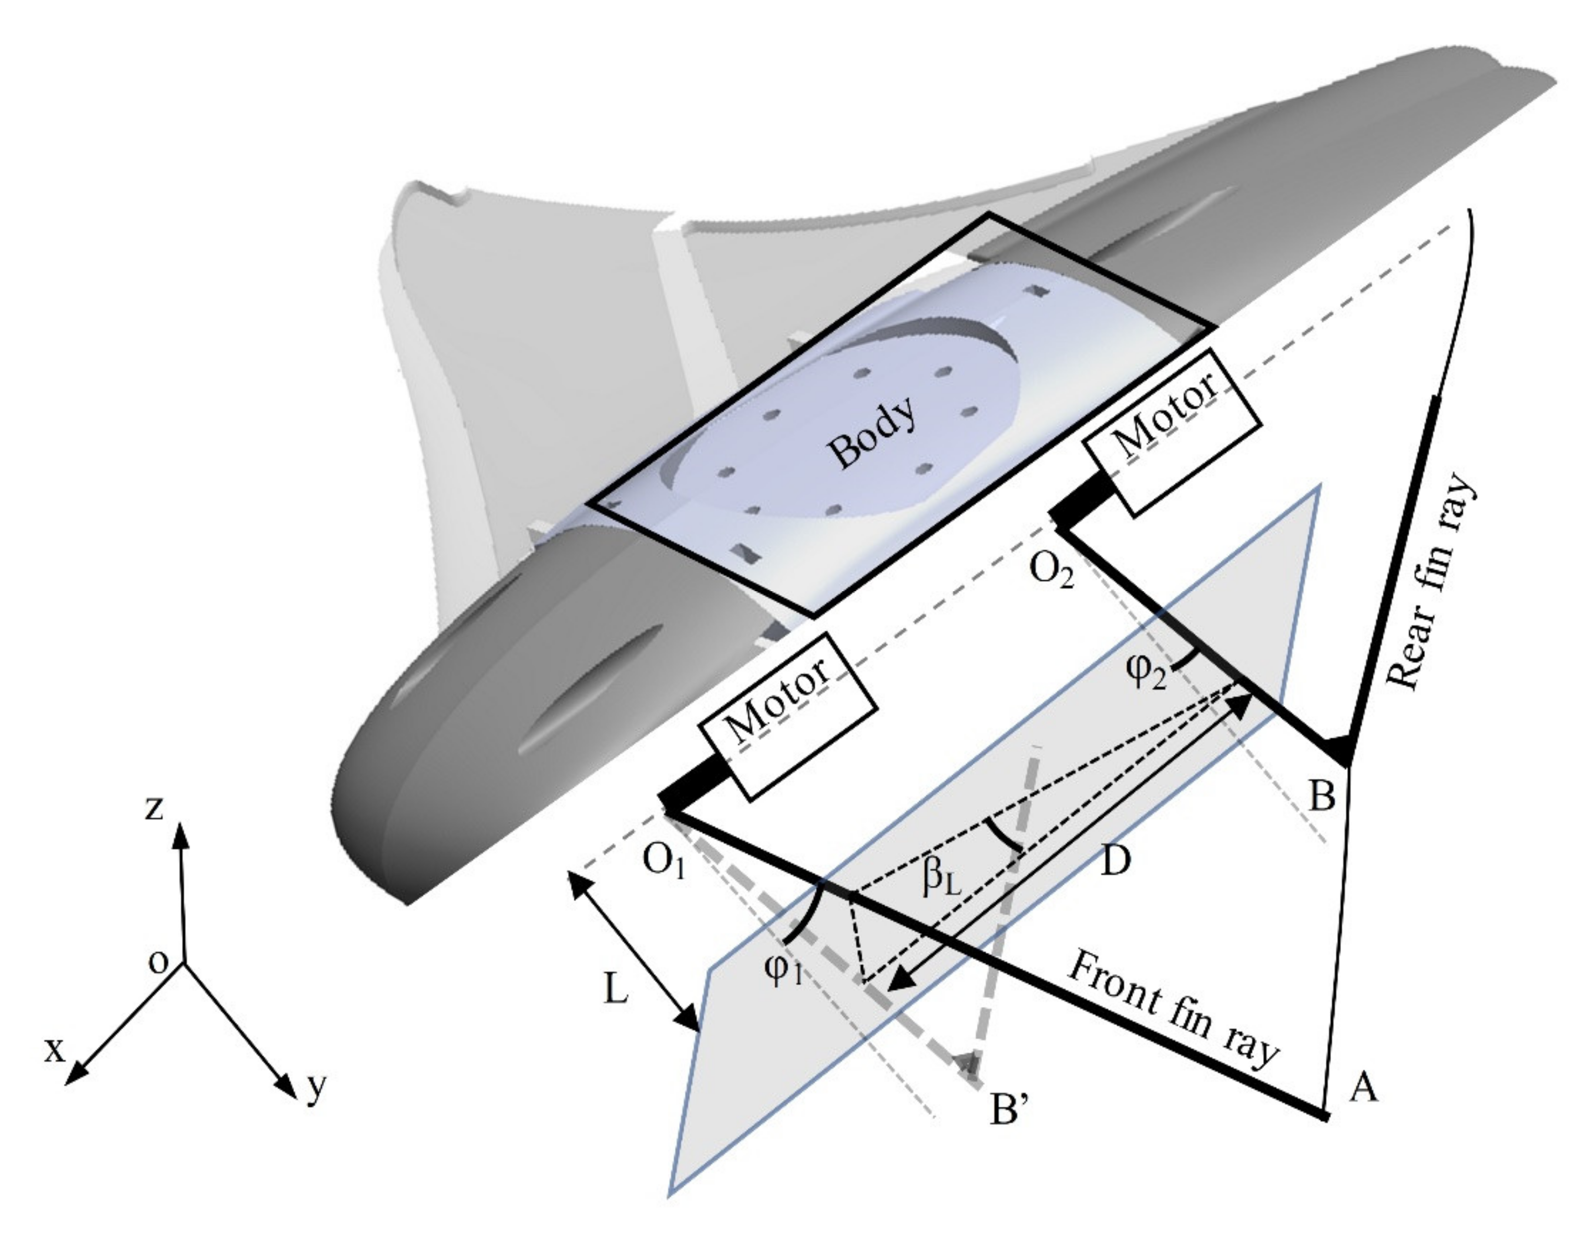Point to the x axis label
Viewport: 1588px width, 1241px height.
[x=54, y=1050]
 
